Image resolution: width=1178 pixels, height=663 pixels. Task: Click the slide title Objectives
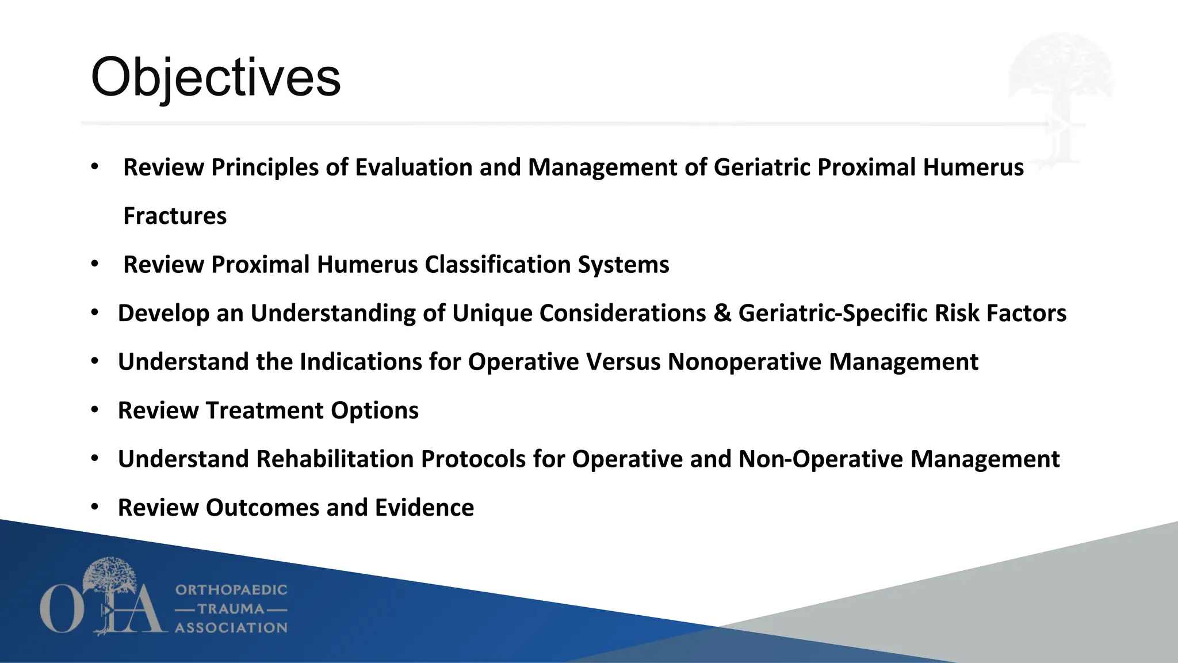tap(216, 78)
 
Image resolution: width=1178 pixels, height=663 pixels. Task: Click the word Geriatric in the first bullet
tap(762, 167)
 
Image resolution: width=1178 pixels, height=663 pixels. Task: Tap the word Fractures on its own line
tap(175, 216)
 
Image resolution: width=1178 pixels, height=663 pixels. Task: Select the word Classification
tap(498, 265)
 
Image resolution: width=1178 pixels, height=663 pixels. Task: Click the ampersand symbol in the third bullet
tap(722, 314)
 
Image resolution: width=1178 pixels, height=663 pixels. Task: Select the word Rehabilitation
tap(335, 459)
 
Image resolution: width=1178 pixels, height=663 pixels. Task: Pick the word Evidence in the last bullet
tap(424, 508)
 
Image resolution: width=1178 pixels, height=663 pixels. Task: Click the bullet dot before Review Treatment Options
tap(95, 410)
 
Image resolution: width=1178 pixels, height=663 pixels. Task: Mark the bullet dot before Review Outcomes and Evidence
tap(95, 507)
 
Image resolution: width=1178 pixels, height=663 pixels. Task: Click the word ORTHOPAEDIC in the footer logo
tap(231, 590)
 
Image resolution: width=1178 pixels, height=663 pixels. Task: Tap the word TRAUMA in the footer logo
tap(231, 609)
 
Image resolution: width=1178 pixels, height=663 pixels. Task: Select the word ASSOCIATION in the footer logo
tap(231, 628)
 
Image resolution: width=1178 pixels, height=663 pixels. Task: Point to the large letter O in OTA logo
tap(60, 609)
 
